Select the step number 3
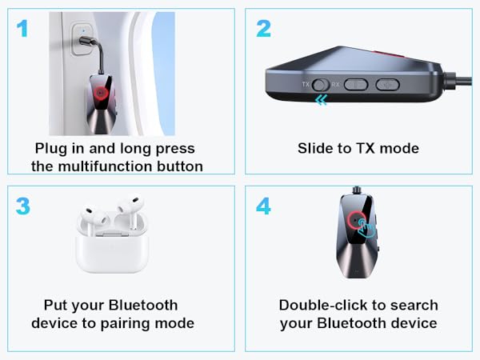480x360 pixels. [x=22, y=206]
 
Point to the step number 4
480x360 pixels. [x=264, y=206]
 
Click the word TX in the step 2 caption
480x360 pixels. [x=364, y=149]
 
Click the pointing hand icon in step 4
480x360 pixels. [x=366, y=228]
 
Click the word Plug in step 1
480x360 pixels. [x=52, y=149]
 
